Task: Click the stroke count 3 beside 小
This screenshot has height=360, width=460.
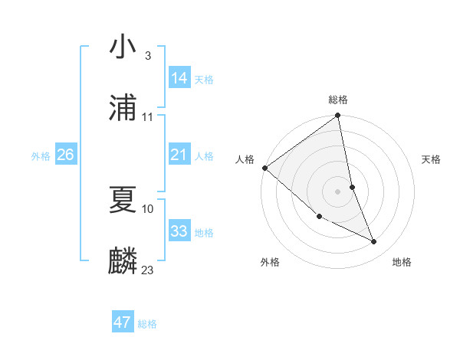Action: [147, 56]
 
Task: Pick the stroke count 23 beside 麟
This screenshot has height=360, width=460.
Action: [147, 270]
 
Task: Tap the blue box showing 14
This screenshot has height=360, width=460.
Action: [179, 78]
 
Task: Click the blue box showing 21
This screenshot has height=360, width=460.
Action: [179, 155]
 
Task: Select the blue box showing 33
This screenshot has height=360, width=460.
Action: [179, 231]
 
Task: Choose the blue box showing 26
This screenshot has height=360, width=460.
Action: [65, 155]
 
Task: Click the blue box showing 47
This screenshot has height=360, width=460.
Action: [123, 322]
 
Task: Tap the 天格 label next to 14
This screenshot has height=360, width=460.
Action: [204, 80]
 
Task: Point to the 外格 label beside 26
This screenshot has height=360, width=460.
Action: [41, 156]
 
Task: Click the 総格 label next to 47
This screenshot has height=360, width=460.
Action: [147, 324]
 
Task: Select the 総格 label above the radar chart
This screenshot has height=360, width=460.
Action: [338, 100]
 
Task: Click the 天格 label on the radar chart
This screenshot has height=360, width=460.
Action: [432, 159]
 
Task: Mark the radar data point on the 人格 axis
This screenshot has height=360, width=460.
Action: [264, 168]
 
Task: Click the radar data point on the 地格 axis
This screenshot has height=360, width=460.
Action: [374, 241]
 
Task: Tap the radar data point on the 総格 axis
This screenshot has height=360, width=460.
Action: [338, 116]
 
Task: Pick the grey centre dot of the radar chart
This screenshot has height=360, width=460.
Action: [338, 191]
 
